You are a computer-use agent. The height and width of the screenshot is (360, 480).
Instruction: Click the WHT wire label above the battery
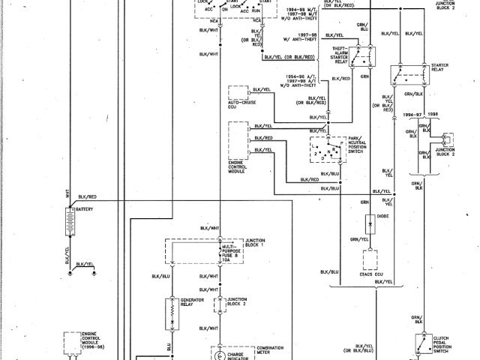[x=67, y=193]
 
